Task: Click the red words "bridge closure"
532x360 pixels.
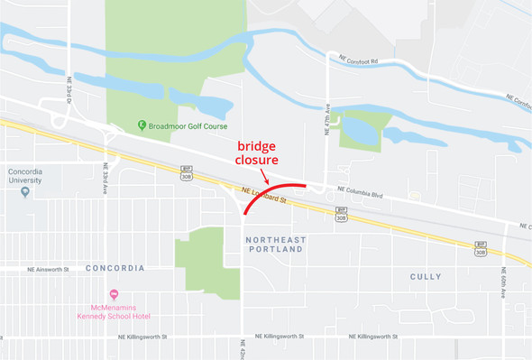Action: click(262, 152)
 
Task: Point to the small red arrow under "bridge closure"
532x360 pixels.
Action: click(263, 176)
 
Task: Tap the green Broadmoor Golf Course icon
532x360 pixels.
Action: click(142, 125)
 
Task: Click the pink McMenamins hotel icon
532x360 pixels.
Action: click(114, 293)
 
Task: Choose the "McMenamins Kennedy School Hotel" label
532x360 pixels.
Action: click(114, 311)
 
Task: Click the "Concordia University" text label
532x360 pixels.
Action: click(25, 175)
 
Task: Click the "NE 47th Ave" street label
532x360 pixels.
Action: click(326, 121)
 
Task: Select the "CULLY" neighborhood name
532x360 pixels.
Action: click(426, 276)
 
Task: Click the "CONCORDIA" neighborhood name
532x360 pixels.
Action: click(115, 269)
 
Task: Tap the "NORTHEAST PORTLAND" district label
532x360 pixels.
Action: click(275, 244)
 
